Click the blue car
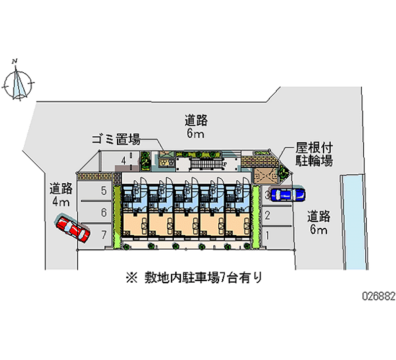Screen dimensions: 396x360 click(289, 195)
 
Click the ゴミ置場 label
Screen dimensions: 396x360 click(115, 140)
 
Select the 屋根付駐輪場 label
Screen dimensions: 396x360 click(314, 154)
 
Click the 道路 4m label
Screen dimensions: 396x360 click(61, 195)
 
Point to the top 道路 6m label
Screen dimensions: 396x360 click(196, 126)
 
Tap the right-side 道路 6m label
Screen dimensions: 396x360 click(319, 222)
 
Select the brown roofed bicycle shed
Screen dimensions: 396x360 click(266, 174)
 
